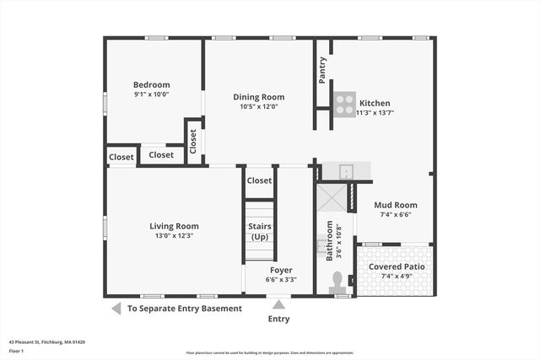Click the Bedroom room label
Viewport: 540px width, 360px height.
pos(152,84)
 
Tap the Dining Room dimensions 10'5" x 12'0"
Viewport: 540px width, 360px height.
pos(259,107)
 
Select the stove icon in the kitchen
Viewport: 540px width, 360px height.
pos(343,103)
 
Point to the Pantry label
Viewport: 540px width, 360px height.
pos(322,69)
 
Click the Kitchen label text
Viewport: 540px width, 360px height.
pos(375,101)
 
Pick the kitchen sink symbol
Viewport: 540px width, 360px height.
pos(345,171)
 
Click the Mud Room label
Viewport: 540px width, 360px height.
pos(395,205)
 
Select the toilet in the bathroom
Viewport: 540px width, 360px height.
pos(338,281)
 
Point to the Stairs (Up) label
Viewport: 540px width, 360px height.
pos(259,231)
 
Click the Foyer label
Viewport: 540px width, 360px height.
pos(281,270)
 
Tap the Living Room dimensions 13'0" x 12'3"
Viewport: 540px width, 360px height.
pos(174,236)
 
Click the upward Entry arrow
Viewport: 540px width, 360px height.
pos(279,304)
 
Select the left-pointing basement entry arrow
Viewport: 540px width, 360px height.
pos(116,309)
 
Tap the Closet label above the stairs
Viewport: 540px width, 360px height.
pos(259,180)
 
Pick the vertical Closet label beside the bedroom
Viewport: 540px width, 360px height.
pos(193,141)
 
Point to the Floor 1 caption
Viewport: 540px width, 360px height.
pos(17,351)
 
